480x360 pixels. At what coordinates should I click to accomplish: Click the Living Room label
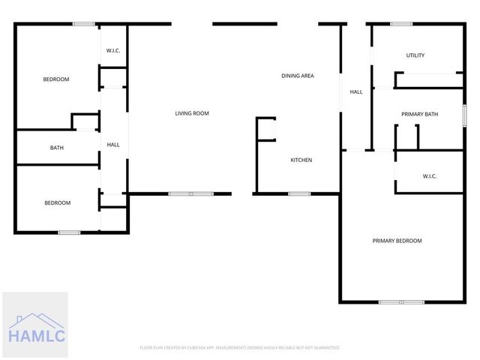coord(191,113)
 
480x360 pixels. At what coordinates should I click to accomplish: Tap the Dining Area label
coord(297,76)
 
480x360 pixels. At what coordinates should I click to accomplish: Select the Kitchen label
coord(301,160)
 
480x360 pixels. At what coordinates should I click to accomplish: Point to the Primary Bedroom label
coord(397,241)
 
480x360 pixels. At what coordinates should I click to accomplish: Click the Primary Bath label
coord(419,114)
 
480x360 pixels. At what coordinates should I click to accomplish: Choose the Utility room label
coord(415,55)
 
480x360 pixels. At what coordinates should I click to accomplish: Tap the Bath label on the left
coord(57,148)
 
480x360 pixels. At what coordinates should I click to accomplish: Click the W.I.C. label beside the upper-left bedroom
coord(113,51)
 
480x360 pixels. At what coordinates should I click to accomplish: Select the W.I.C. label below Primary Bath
coord(429,176)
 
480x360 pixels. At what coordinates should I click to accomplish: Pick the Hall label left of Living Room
coord(113,145)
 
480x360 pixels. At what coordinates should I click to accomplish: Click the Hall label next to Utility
coord(356,92)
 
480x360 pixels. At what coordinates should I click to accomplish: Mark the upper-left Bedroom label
coord(56,79)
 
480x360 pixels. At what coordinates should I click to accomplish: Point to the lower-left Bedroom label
coord(57,202)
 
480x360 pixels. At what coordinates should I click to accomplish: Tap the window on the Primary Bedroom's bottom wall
coord(401,302)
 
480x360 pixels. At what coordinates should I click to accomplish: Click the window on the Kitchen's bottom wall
coord(299,194)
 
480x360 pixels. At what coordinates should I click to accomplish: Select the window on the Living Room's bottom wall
coord(181,194)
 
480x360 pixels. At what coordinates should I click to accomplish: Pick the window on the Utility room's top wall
coord(401,24)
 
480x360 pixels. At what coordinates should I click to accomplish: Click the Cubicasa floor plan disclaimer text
coord(240,348)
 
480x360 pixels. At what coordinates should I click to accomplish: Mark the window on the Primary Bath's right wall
coord(465,115)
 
